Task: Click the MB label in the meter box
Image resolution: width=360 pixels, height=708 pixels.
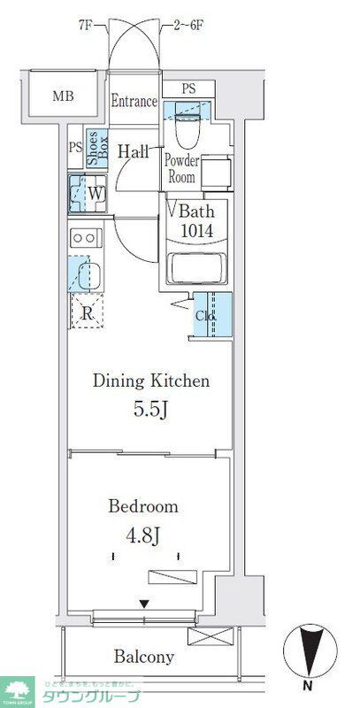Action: coord(61,95)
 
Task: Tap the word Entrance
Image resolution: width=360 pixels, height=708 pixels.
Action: coord(134,102)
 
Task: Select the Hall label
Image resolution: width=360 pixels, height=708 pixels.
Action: coord(132,150)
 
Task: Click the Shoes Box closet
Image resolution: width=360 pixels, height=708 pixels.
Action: coord(96,148)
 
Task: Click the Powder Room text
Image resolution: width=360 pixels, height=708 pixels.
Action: coord(181,168)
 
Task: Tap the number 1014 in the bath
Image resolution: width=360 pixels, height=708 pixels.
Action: coord(195,231)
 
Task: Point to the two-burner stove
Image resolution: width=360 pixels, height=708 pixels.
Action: coord(86,237)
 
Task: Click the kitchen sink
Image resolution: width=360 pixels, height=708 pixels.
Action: coord(86,275)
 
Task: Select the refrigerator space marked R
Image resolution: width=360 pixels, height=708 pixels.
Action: coord(88,311)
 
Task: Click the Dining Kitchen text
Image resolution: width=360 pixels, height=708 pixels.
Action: coord(151,381)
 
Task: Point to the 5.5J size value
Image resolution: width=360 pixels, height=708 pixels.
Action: coord(151,412)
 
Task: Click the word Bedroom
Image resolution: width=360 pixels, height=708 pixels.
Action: coord(142,507)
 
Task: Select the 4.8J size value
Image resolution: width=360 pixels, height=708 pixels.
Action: coord(143,537)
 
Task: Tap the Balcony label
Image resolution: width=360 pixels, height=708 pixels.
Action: coord(143,657)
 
